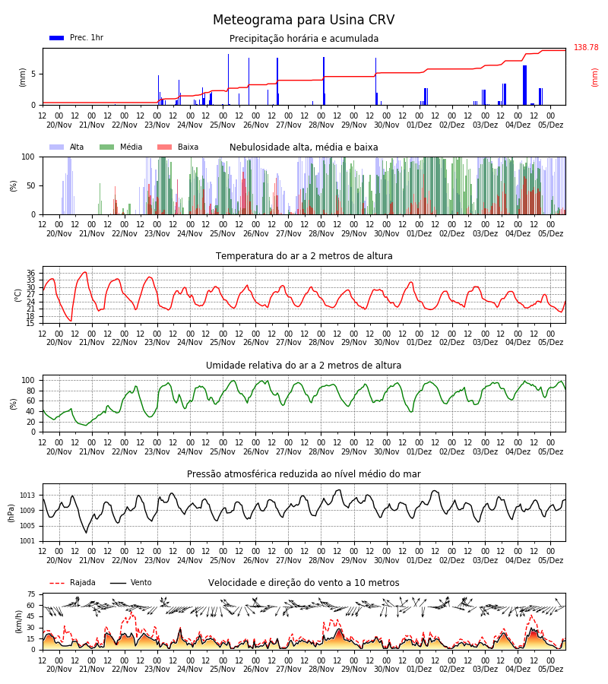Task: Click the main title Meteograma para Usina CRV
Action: [303, 20]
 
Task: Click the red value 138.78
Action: [586, 47]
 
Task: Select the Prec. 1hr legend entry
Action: [76, 37]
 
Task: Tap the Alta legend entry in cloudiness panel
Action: [66, 147]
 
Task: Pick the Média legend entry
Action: [121, 147]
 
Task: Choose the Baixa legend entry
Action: [178, 147]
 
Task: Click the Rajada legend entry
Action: [72, 582]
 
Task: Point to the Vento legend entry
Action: [131, 582]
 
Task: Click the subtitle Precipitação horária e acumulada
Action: [304, 39]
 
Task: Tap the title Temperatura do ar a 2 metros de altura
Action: [304, 256]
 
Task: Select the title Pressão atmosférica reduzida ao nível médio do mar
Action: [304, 474]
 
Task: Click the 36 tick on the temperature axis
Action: [30, 273]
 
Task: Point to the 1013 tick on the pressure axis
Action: [27, 496]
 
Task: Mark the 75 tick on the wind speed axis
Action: [30, 594]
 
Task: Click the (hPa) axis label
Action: [11, 513]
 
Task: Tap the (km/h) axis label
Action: [18, 622]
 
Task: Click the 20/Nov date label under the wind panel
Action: [59, 669]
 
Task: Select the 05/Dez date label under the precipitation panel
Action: [550, 125]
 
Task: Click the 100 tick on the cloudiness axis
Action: [28, 157]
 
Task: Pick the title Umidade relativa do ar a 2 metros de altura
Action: [303, 365]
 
